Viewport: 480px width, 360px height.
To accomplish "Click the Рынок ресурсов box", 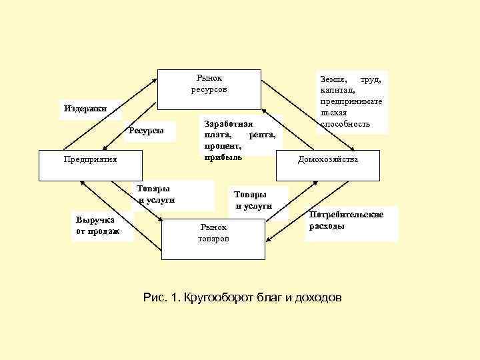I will [209, 89].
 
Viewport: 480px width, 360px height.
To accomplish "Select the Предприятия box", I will [90, 165].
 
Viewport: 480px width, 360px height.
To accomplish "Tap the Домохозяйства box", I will [328, 165].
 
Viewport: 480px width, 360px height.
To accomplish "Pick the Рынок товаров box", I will [213, 239].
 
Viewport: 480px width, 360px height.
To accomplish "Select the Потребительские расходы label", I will [346, 220].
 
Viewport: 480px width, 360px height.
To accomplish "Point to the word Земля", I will [333, 79].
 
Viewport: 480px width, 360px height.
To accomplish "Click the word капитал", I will [338, 90].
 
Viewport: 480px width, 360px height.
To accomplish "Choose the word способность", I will [345, 124].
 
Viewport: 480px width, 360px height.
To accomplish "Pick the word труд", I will [371, 79].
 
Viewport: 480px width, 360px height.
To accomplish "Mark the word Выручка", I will [95, 220].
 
